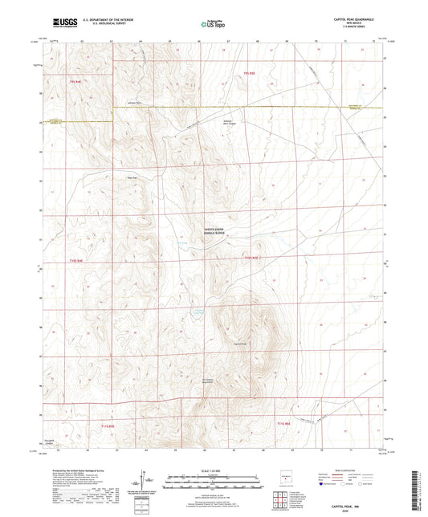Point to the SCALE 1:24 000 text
pos(212,470)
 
